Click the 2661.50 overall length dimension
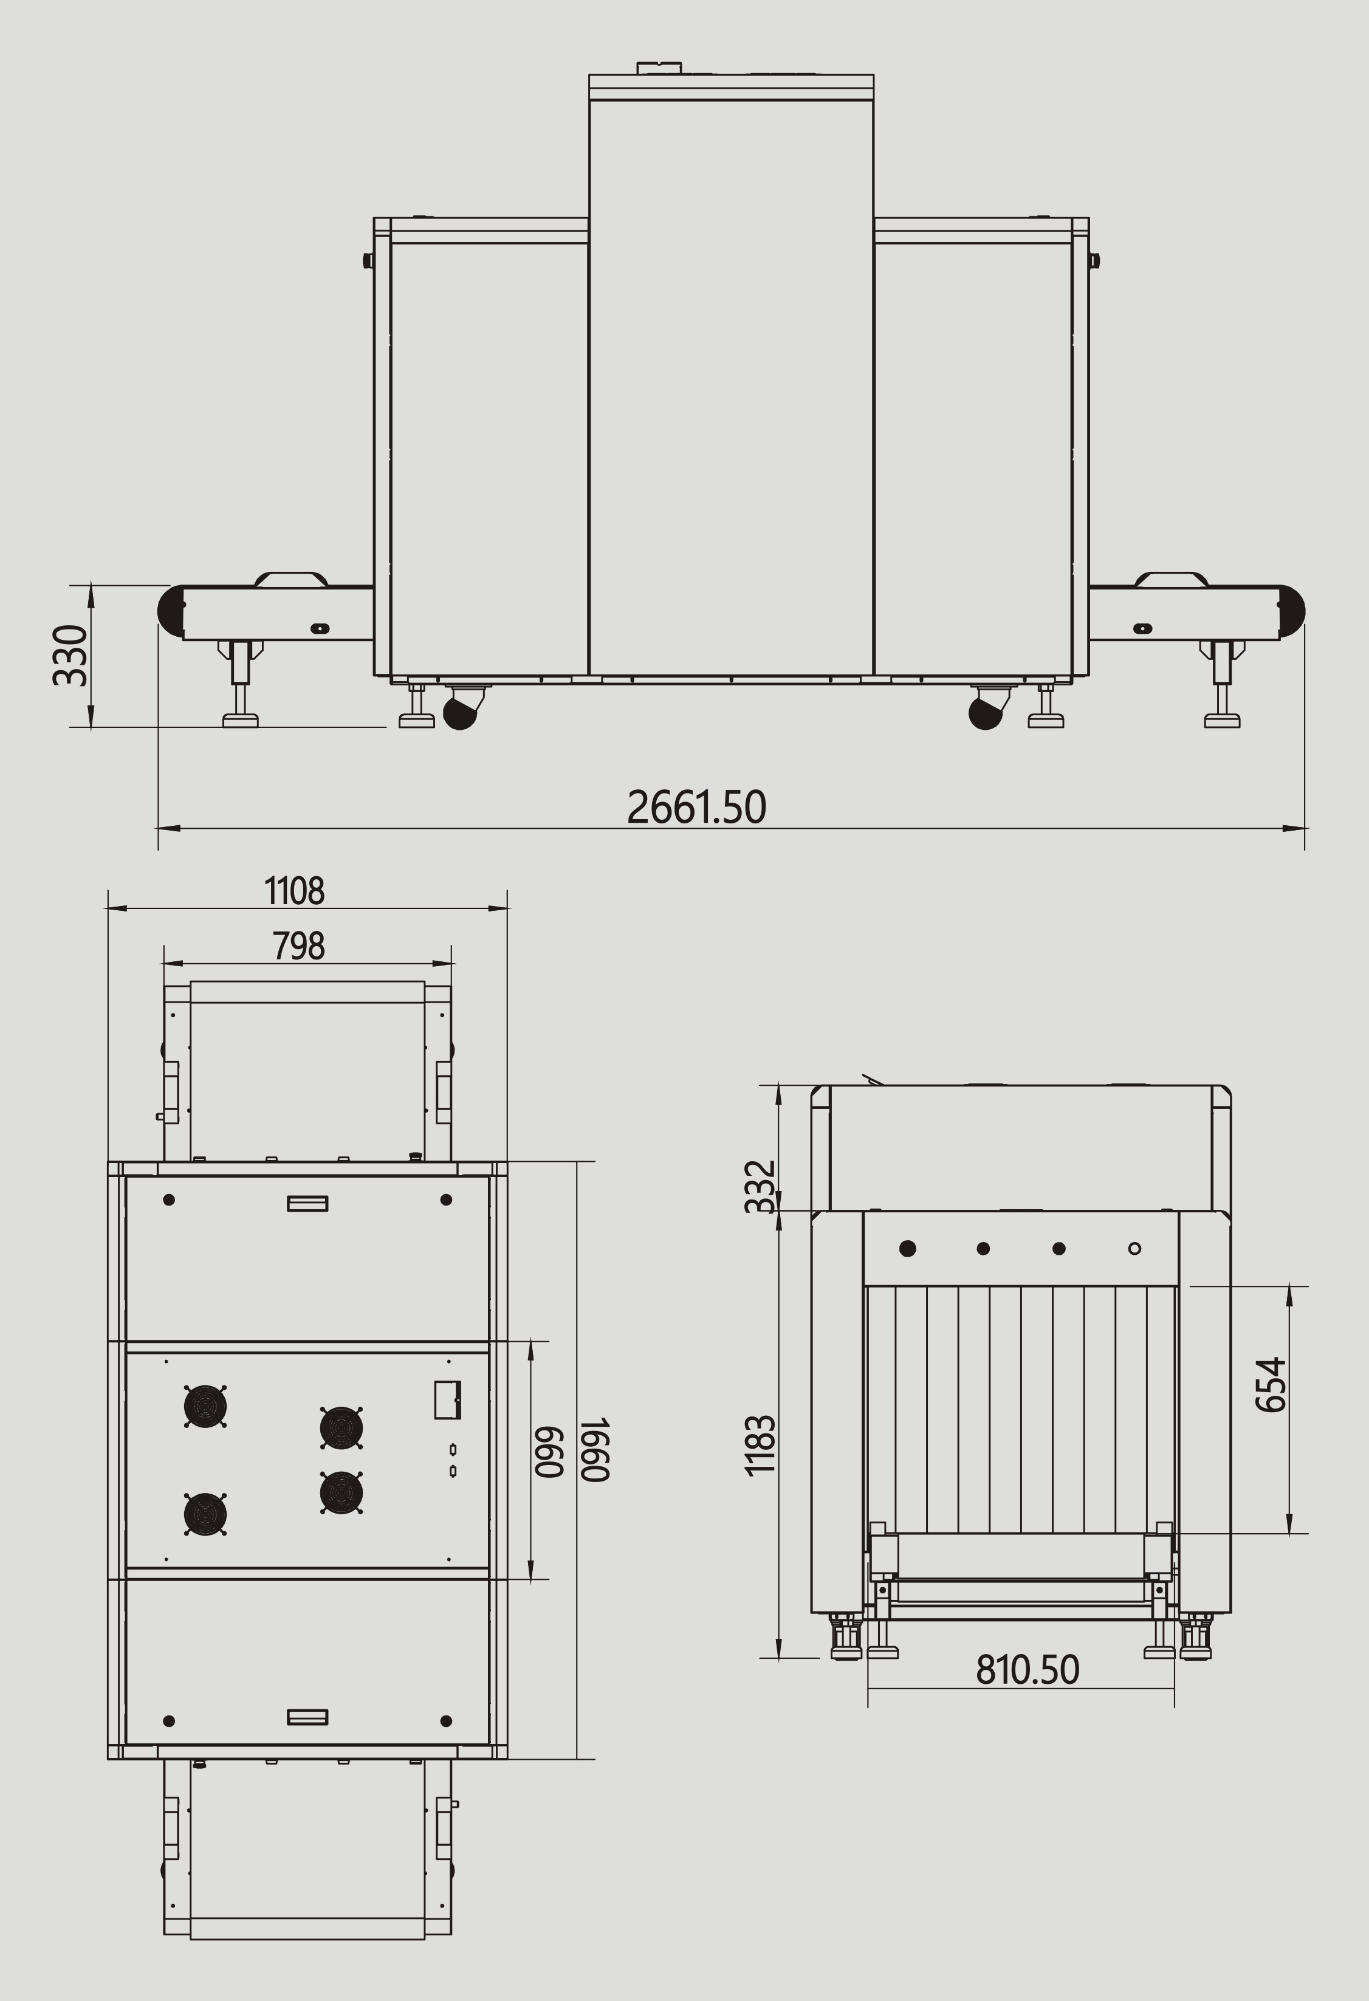point(696,807)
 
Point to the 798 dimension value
point(299,946)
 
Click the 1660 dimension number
point(595,1449)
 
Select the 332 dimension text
point(760,1187)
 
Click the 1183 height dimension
point(760,1446)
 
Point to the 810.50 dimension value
point(1027,1670)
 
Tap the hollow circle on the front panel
point(1135,1249)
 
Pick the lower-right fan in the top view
point(341,1492)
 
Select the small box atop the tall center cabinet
point(659,68)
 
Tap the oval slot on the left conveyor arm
point(320,628)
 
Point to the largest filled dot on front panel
point(907,1249)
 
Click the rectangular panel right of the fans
point(447,1399)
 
